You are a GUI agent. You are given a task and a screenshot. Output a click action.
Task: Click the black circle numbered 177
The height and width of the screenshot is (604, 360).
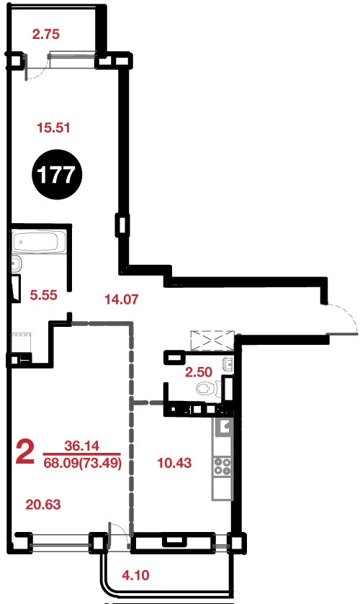[57, 175]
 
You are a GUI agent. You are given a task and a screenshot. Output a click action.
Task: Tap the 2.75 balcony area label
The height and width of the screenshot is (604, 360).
[46, 35]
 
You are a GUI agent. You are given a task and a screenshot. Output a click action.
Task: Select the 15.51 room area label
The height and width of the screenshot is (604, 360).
[53, 127]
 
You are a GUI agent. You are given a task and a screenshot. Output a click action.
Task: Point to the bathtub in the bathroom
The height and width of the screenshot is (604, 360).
[36, 241]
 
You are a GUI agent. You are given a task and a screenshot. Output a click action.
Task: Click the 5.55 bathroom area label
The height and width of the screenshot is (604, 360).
[43, 295]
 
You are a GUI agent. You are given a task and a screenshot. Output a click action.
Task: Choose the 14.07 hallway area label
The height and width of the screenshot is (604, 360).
[122, 299]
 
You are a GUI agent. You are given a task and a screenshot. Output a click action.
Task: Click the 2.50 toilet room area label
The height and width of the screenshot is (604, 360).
[199, 372]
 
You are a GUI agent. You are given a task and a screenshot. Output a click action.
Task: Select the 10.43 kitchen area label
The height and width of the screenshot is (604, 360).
[175, 463]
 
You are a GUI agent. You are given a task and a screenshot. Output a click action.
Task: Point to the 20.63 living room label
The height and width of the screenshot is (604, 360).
[43, 504]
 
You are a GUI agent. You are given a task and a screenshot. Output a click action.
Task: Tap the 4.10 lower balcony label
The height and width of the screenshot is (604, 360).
[135, 575]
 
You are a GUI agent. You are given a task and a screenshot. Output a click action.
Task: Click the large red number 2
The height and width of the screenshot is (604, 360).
[25, 453]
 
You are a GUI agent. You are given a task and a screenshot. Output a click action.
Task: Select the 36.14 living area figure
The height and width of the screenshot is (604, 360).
[81, 446]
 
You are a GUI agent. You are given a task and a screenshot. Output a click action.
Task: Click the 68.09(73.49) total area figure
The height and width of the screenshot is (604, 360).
[83, 463]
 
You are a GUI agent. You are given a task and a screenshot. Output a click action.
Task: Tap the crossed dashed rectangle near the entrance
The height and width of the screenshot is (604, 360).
[212, 340]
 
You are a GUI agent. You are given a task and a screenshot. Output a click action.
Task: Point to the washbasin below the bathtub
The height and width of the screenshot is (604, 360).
[16, 263]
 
